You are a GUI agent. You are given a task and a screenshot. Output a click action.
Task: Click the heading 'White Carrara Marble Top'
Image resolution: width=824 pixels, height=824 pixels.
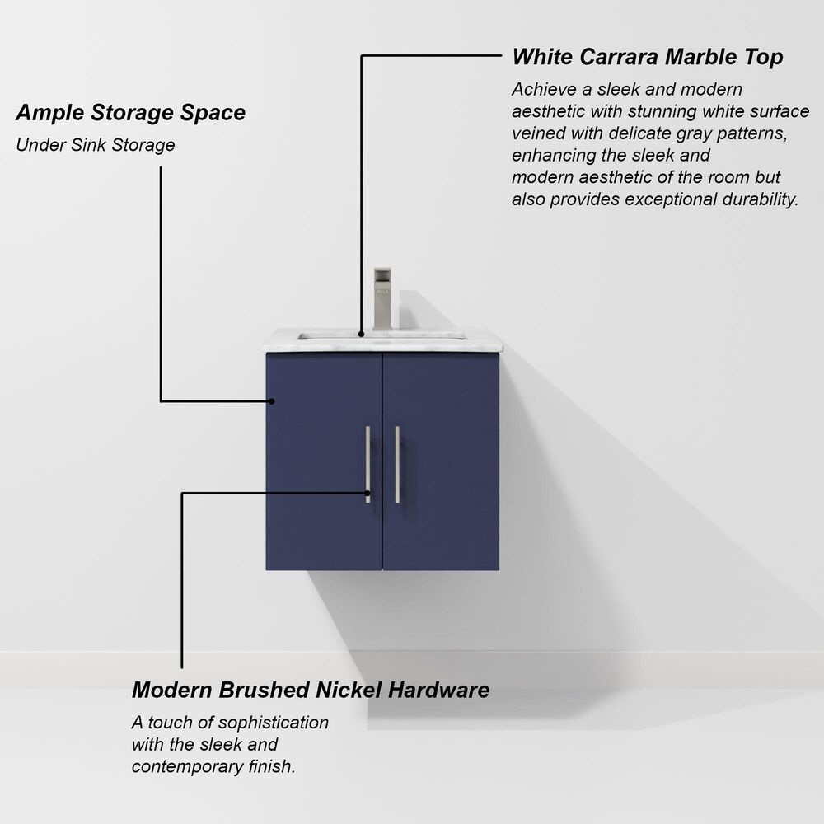tap(647, 57)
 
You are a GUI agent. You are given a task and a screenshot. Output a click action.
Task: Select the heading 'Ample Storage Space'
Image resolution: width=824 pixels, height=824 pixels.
tap(130, 112)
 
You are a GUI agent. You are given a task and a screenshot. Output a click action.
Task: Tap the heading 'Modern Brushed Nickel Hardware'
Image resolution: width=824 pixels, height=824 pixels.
tap(310, 689)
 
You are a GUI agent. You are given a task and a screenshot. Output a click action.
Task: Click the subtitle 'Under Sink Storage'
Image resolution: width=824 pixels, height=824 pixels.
tap(96, 145)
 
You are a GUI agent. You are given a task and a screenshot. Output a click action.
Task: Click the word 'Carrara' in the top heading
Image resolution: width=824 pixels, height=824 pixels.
tap(616, 57)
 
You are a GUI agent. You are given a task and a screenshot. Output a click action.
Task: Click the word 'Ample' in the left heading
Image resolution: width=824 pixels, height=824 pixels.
tap(47, 112)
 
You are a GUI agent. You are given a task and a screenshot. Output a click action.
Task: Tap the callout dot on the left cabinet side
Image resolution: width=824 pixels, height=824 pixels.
tap(271, 401)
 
